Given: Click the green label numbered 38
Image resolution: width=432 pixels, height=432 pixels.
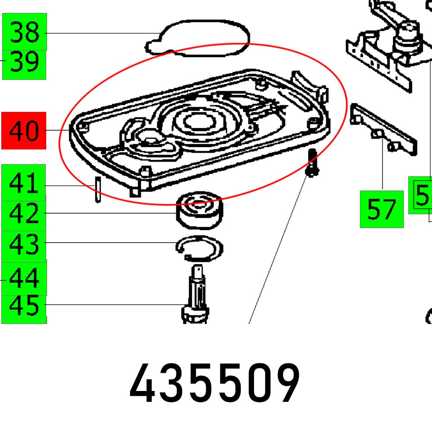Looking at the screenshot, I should click(x=25, y=32).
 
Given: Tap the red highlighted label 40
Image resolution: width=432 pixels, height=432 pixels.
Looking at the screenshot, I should click(x=24, y=130).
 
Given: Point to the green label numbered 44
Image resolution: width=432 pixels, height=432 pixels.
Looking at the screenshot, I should click(x=24, y=278).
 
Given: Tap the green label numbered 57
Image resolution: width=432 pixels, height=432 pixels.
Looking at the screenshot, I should click(x=381, y=210).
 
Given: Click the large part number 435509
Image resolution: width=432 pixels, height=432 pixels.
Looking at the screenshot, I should click(x=215, y=384).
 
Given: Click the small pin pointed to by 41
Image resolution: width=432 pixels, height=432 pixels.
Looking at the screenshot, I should click(x=98, y=190).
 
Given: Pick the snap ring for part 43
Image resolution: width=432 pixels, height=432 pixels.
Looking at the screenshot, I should click(x=200, y=249).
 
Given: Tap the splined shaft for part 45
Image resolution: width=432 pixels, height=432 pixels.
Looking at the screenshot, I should click(x=197, y=294).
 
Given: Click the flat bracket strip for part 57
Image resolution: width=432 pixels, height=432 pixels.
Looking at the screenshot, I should click(x=384, y=128).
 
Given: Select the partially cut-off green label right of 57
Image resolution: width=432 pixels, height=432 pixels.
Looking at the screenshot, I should click(x=420, y=195).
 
